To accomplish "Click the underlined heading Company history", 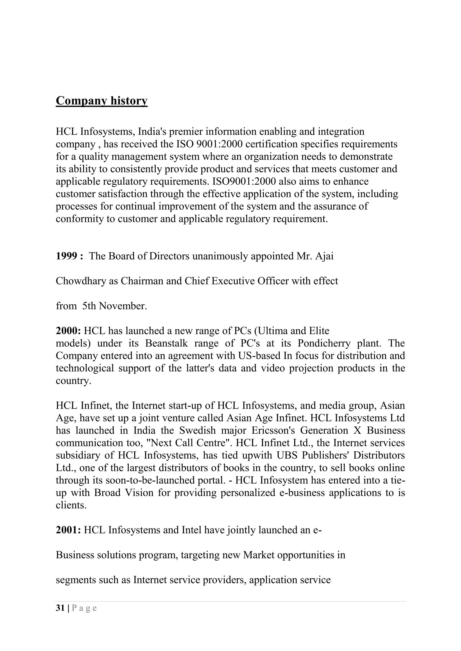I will tap(102, 101).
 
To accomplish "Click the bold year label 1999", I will tap(66, 256).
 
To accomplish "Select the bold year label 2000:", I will tap(68, 331).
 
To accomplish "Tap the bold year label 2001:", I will tap(68, 530).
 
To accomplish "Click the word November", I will tap(123, 306).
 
